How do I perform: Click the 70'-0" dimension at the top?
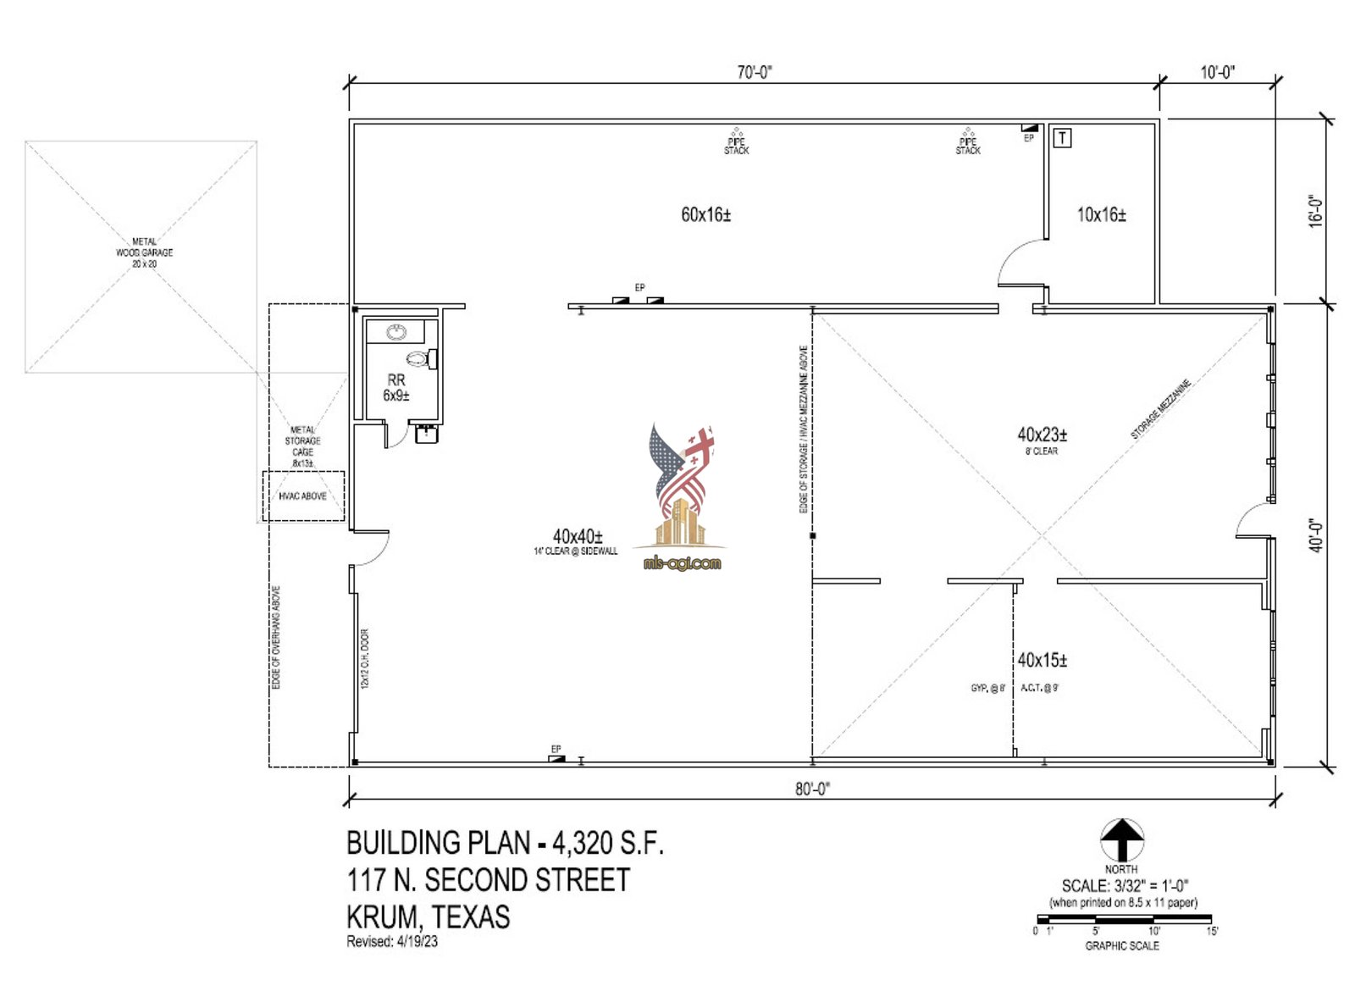pyautogui.click(x=754, y=73)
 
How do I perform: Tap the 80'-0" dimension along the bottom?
pyautogui.click(x=812, y=789)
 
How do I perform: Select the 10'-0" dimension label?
pyautogui.click(x=1217, y=73)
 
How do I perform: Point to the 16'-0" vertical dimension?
pyautogui.click(x=1315, y=211)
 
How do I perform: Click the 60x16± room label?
pyautogui.click(x=705, y=214)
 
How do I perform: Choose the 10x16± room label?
pyautogui.click(x=1101, y=215)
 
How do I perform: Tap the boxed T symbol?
pyautogui.click(x=1062, y=137)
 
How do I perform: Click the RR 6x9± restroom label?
pyautogui.click(x=396, y=388)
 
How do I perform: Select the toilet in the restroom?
pyautogui.click(x=421, y=359)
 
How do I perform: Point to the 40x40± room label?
pyautogui.click(x=578, y=537)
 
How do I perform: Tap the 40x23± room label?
pyautogui.click(x=1042, y=435)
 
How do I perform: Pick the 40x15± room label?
pyautogui.click(x=1042, y=660)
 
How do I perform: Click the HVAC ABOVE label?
pyautogui.click(x=302, y=496)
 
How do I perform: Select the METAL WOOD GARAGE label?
pyautogui.click(x=144, y=252)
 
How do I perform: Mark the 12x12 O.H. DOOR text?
pyautogui.click(x=365, y=658)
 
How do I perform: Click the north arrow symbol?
pyautogui.click(x=1121, y=840)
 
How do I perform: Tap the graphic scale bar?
pyautogui.click(x=1124, y=919)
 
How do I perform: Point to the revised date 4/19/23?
pyautogui.click(x=418, y=942)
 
